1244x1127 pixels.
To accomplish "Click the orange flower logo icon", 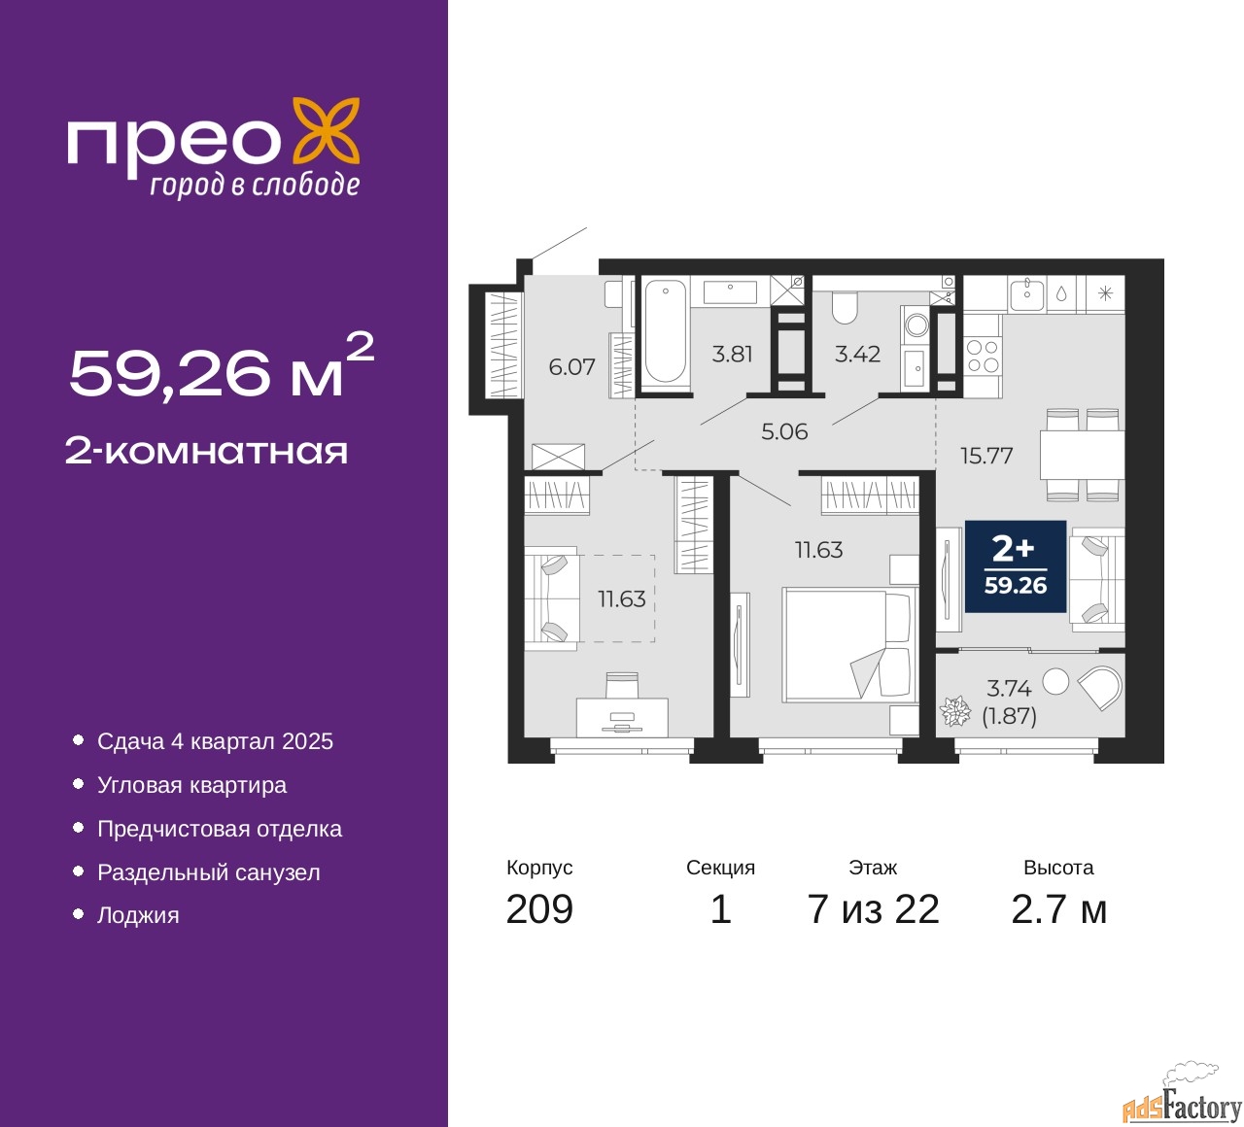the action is point(327,134).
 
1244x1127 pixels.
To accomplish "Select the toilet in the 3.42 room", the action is point(844,306).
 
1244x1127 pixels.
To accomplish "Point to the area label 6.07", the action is point(571,367).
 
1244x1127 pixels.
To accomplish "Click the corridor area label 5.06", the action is point(784,431).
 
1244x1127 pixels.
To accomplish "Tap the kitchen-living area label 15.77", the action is point(986,456).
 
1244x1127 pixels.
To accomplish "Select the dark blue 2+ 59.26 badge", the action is point(1016,566).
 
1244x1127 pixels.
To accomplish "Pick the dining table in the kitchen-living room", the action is point(1082,455).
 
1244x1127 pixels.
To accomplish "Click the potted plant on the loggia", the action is point(955,710).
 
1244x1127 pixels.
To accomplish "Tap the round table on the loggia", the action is point(1054,681).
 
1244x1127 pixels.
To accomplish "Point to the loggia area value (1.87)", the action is point(1009,716).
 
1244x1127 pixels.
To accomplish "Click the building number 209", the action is point(538,908).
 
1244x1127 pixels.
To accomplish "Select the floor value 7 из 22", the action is point(873,908).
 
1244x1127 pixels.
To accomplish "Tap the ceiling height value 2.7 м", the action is point(1058,908).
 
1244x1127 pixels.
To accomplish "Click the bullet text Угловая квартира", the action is point(191,785).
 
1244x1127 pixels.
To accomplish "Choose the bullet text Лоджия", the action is point(138,915).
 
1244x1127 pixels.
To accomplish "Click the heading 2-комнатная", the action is point(206,452).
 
